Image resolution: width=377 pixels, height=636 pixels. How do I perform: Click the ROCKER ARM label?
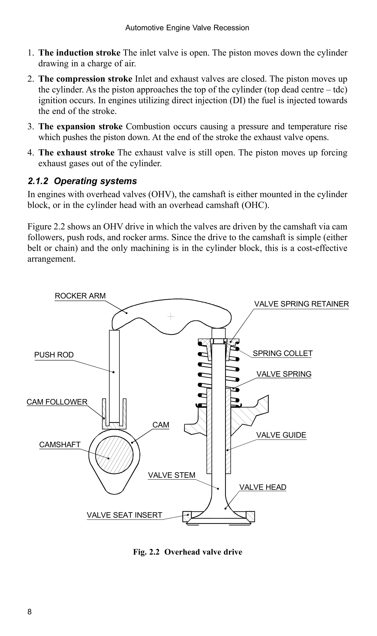[x=80, y=296]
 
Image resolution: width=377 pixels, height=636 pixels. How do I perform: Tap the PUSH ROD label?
[x=54, y=355]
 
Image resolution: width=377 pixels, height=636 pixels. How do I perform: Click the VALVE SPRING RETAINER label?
[x=302, y=304]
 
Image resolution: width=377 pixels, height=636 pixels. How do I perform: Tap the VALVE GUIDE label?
[x=281, y=435]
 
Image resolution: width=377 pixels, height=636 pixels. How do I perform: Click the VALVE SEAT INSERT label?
[x=124, y=515]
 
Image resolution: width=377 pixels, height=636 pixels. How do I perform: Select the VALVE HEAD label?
[x=263, y=487]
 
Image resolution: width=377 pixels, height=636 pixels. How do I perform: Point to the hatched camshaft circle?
[x=114, y=454]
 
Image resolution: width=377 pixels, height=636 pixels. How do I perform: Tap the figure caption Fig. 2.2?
[x=187, y=552]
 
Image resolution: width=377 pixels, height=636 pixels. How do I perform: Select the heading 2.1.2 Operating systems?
[x=82, y=181]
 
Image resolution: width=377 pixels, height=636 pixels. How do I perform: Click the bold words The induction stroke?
[x=79, y=53]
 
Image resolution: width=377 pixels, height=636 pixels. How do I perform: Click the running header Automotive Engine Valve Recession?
[x=187, y=28]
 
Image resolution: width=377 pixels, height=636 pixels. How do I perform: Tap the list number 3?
[x=31, y=126]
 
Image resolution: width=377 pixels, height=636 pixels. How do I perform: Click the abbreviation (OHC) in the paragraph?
[x=255, y=205]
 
